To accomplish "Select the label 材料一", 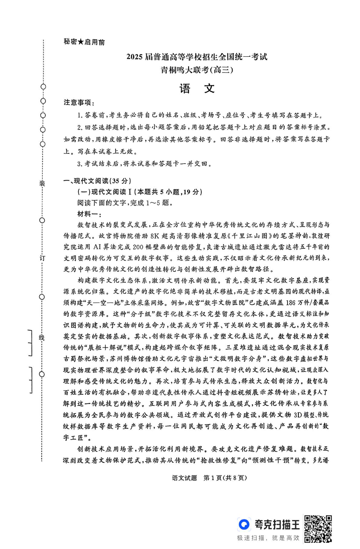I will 90,214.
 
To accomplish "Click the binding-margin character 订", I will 43,257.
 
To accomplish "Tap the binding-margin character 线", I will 43,338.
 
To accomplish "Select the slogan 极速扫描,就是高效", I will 268,538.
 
